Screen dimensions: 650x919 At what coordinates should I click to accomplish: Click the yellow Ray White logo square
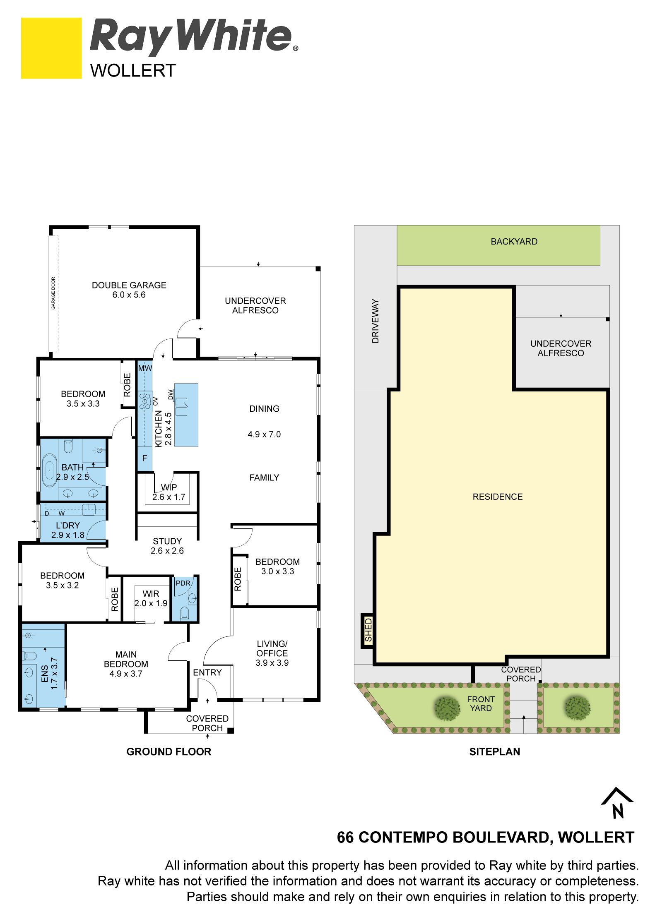coord(51,48)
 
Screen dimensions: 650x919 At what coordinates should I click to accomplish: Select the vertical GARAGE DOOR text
coord(53,293)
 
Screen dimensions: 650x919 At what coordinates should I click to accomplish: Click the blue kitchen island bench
coord(186,415)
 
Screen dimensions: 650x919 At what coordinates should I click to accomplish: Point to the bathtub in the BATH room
coord(49,470)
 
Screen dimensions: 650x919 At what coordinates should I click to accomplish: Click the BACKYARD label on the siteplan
coord(514,242)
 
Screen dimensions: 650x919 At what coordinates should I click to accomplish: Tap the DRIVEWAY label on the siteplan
coord(376,321)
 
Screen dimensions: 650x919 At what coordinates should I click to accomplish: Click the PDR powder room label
coord(183,583)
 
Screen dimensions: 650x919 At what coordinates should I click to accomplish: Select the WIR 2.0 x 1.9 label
coord(151,598)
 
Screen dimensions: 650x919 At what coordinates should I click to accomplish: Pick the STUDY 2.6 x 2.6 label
coord(167,546)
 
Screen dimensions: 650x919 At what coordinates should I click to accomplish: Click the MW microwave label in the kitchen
coord(145,368)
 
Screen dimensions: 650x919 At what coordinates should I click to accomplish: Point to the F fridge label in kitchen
coord(144,458)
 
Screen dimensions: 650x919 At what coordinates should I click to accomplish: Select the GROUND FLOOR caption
coord(169,751)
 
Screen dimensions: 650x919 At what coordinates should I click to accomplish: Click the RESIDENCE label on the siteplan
coord(498,497)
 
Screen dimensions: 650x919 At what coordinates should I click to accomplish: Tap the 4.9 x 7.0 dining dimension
coord(264,434)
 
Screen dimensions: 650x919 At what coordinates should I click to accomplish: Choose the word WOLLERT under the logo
coord(133,71)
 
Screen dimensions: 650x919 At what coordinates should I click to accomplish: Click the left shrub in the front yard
coord(447,709)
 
